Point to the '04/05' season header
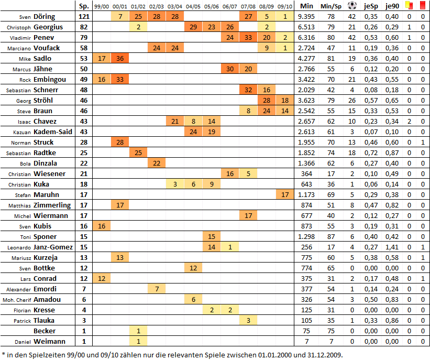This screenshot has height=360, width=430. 193,6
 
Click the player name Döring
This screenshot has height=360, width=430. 45,16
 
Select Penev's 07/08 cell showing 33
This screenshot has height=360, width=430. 249,37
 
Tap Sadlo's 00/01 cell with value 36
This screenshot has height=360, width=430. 120,58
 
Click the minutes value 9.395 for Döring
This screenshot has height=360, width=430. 306,16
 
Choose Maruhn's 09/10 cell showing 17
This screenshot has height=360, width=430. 285,194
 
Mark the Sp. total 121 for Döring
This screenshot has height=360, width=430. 83,16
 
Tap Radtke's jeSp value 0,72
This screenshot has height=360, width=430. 371,152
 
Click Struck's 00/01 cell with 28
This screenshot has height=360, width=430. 120,142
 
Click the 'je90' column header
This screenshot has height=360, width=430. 391,6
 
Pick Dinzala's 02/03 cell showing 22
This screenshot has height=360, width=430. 157,163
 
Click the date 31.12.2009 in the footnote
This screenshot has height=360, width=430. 324,354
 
